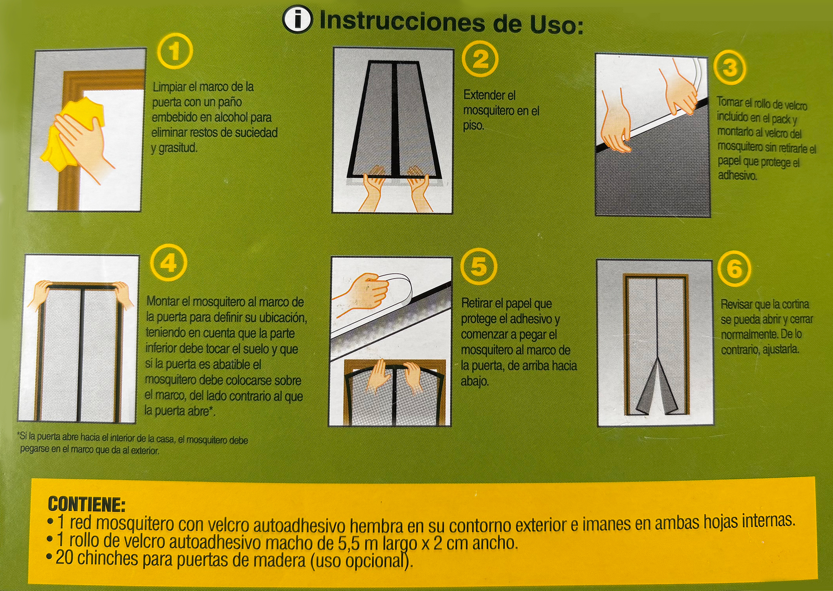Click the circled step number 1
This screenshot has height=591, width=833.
tap(175, 51)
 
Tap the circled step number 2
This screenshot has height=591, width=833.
tap(480, 60)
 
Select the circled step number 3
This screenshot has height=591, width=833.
tap(730, 68)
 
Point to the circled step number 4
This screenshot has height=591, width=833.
tap(169, 263)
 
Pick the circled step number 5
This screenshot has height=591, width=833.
tap(479, 266)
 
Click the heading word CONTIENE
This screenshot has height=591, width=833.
tap(87, 504)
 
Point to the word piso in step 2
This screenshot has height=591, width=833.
tap(473, 126)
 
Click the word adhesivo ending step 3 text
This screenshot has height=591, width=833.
tap(737, 175)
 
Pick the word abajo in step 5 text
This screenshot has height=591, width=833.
tap(475, 381)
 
